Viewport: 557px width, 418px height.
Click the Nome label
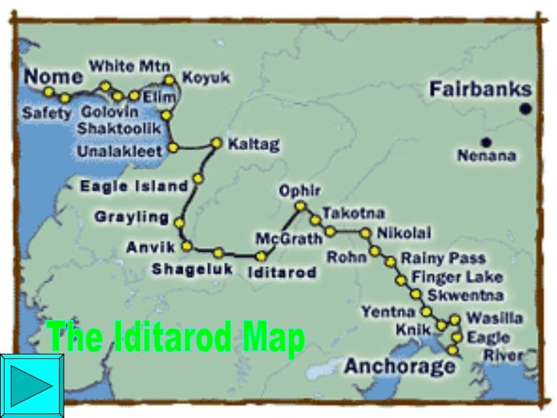tap(53, 76)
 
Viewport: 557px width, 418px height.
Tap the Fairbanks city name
tap(480, 89)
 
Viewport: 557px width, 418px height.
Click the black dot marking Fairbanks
tap(525, 109)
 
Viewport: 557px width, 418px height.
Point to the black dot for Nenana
tap(486, 142)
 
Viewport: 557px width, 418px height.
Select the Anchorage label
tap(399, 366)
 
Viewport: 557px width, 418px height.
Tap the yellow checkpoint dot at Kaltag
tap(217, 143)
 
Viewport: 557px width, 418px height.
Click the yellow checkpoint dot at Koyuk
tap(170, 79)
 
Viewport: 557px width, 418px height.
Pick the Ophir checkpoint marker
tap(300, 205)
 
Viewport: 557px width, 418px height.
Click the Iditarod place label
tap(282, 272)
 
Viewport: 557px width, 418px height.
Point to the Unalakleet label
tap(119, 152)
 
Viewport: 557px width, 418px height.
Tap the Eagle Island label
tap(134, 186)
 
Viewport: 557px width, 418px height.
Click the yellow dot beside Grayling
tap(179, 223)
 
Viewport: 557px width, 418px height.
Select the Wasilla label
tap(494, 318)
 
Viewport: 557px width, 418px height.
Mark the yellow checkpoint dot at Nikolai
tap(365, 233)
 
